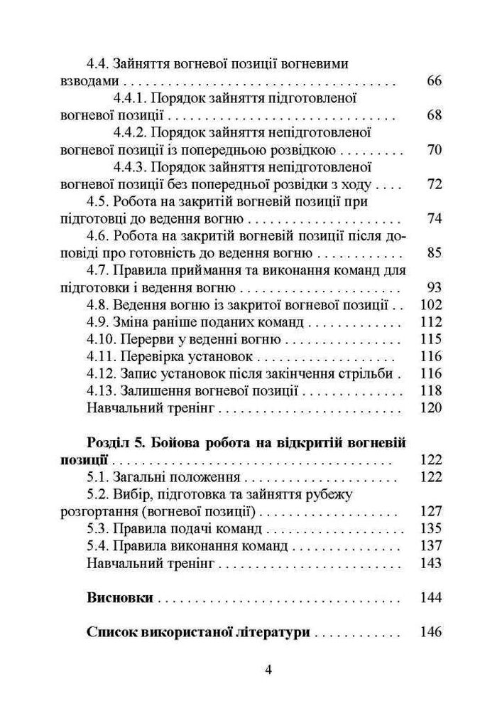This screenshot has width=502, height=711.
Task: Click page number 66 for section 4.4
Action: [435, 81]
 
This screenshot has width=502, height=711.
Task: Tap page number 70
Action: [435, 150]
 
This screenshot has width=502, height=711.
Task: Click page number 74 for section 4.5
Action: [435, 218]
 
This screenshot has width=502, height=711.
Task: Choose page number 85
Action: [435, 253]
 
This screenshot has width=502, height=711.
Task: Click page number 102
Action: [431, 305]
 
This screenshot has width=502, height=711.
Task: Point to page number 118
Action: [431, 390]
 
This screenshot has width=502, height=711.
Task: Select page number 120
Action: [431, 408]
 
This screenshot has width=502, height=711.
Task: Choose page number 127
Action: [431, 511]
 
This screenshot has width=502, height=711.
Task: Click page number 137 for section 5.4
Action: [431, 546]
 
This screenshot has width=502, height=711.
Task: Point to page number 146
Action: [431, 632]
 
